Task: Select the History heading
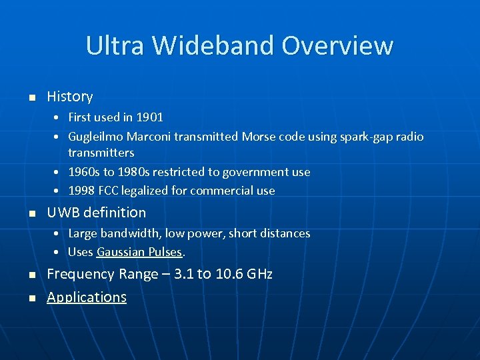(69, 97)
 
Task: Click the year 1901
(149, 117)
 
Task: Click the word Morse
(257, 137)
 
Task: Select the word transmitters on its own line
(101, 153)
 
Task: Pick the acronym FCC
(108, 191)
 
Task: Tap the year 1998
(81, 191)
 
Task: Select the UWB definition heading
(96, 213)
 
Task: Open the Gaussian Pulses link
(139, 252)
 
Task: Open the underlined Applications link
(87, 297)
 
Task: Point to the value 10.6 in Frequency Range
(230, 274)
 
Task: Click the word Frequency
(80, 274)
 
